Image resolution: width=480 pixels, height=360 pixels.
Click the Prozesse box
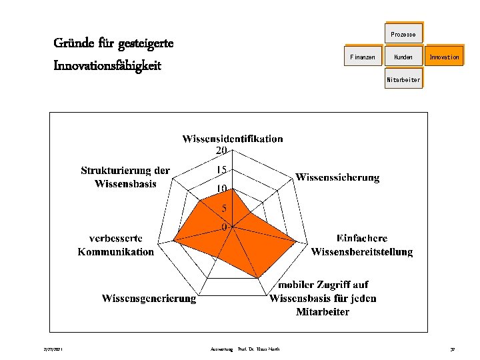403,34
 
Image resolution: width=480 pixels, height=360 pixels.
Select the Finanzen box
363,57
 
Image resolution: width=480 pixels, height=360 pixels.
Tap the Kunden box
403,57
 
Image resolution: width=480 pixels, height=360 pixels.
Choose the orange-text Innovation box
444,57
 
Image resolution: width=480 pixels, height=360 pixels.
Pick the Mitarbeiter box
403,80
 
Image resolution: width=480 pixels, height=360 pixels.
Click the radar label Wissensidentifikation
232,139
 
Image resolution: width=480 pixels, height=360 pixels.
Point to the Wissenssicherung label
337,177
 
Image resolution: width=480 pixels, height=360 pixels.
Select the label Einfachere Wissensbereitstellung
361,245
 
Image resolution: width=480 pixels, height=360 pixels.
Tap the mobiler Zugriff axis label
323,298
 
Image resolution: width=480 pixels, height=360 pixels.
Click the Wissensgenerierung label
149,298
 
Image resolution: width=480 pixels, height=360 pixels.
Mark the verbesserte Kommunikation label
116,245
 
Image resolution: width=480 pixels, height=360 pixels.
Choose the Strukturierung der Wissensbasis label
125,177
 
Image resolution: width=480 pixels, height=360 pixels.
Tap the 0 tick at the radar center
225,227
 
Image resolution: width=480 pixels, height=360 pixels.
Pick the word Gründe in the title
73,44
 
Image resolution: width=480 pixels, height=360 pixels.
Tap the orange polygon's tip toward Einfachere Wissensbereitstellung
297,241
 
